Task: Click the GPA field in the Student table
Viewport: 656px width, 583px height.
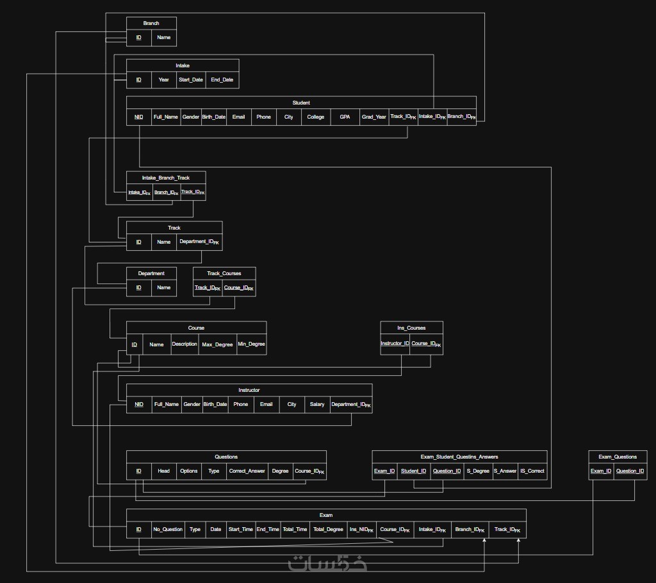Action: (345, 117)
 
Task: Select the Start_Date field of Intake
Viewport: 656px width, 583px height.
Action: (190, 80)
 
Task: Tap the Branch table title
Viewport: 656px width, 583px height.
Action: (151, 23)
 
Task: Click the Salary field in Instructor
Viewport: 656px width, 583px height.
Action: (317, 404)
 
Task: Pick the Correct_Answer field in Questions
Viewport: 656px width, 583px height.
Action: (247, 471)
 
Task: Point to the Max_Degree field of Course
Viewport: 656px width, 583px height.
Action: (217, 344)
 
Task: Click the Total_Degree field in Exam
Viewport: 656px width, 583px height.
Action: (328, 529)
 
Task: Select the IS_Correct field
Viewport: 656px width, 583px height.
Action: (532, 471)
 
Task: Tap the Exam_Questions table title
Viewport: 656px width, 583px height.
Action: (618, 457)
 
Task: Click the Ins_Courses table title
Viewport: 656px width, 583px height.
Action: (411, 328)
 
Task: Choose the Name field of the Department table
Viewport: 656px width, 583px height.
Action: (164, 287)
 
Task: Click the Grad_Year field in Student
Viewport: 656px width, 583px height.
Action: (374, 117)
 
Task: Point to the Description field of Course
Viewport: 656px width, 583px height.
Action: (184, 344)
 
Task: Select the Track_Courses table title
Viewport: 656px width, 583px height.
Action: (224, 273)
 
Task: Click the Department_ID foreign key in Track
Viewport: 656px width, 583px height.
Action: (199, 242)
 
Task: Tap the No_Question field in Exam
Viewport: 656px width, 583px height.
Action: (168, 529)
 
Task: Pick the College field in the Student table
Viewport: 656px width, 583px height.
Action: (316, 117)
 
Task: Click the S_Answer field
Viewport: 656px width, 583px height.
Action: (505, 471)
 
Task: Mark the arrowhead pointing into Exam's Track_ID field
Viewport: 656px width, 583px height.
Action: (518, 541)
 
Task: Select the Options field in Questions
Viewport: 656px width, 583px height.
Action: (189, 471)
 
